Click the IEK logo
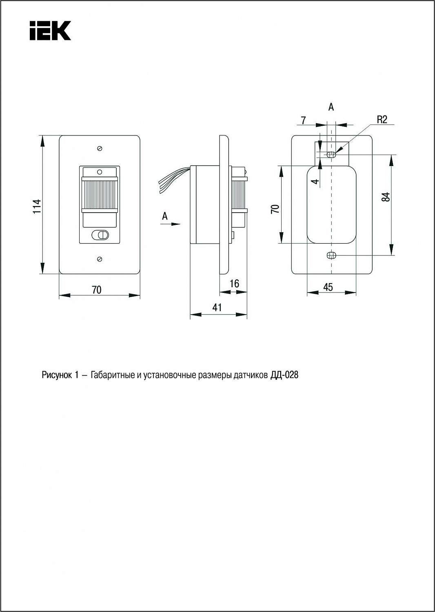[x=50, y=30]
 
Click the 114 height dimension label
[x=37, y=206]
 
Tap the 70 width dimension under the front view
[x=97, y=290]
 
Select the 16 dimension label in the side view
[x=235, y=284]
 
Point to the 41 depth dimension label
[x=217, y=307]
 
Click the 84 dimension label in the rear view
[x=386, y=197]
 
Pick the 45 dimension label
[x=328, y=287]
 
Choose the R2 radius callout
[x=382, y=120]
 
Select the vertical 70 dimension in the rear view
[x=276, y=209]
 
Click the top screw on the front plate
[x=100, y=148]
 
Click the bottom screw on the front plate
[x=100, y=259]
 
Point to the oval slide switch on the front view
[x=100, y=235]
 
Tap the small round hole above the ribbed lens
[x=100, y=172]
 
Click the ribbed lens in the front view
[x=100, y=194]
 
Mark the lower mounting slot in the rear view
[x=331, y=255]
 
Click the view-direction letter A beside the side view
[x=164, y=216]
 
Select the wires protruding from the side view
[x=174, y=181]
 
